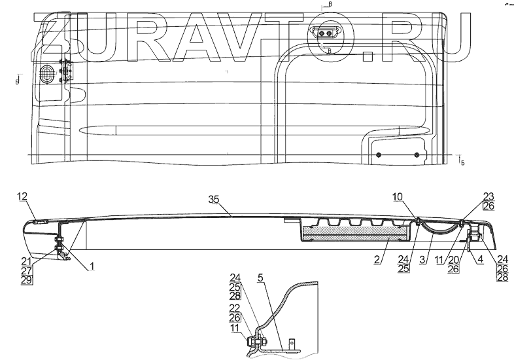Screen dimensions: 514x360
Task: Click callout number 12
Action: click(22, 196)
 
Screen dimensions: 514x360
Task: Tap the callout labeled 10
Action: click(398, 196)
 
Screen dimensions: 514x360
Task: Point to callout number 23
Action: click(488, 196)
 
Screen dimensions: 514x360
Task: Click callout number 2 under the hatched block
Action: click(377, 260)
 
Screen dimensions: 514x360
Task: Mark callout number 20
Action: click(465, 260)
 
